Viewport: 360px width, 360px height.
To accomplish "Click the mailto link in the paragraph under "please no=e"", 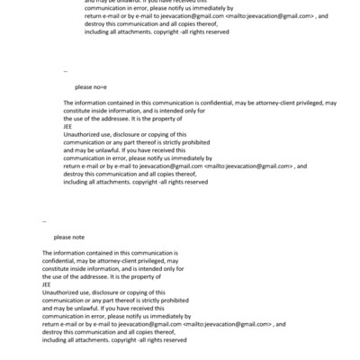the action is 249,166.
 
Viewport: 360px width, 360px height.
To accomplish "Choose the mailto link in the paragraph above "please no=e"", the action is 270,16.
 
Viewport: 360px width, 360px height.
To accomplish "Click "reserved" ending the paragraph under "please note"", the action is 174,339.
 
